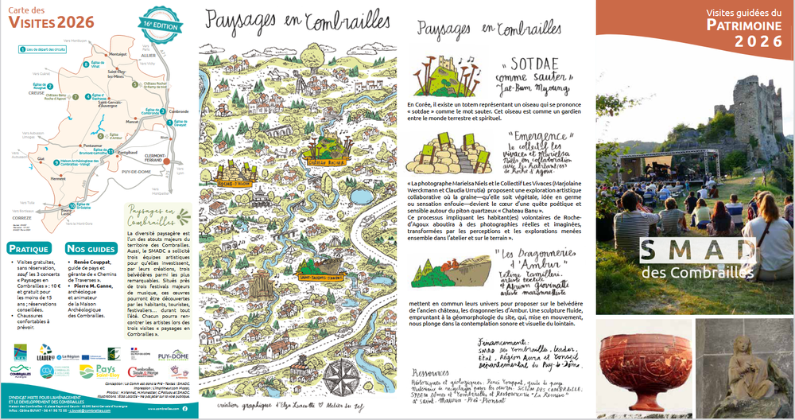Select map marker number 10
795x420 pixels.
coord(71,206)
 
